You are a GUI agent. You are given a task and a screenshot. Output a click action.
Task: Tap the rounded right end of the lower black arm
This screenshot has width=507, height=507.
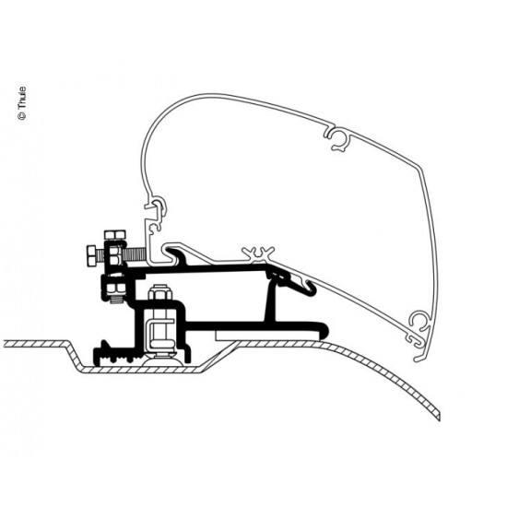pyautogui.click(x=325, y=327)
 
